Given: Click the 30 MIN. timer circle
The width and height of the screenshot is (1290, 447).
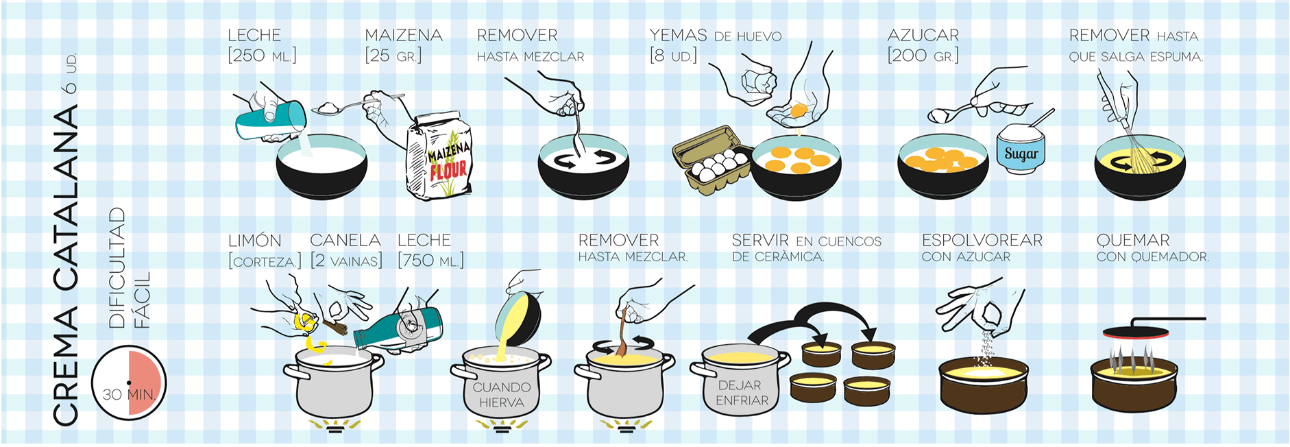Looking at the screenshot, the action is tap(129, 383).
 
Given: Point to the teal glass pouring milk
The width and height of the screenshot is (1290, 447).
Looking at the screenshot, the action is tap(271, 121).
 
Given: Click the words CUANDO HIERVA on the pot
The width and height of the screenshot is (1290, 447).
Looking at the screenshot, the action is tap(502, 395).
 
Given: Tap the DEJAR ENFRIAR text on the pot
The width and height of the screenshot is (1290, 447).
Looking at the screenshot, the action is tap(742, 393).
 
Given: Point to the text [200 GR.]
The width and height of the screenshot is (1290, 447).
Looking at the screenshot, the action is tap(923, 56).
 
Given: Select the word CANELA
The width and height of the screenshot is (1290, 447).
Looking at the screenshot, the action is tap(345, 241).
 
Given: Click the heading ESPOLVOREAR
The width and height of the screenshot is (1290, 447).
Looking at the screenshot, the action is tap(982, 241).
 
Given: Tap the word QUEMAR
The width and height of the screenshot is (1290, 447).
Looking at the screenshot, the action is tap(1133, 241).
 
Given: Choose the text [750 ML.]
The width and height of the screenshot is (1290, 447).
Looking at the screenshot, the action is tap(430, 261).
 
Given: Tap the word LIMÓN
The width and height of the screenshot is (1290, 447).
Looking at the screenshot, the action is tap(255, 241).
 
